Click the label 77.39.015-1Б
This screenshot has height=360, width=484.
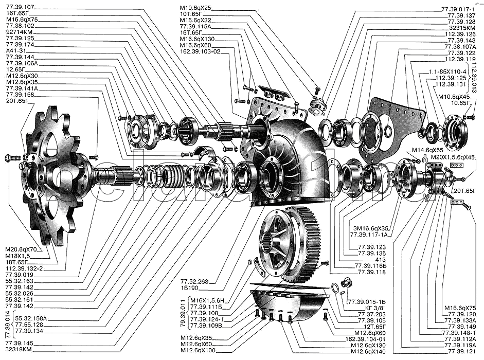pos(366,301)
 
